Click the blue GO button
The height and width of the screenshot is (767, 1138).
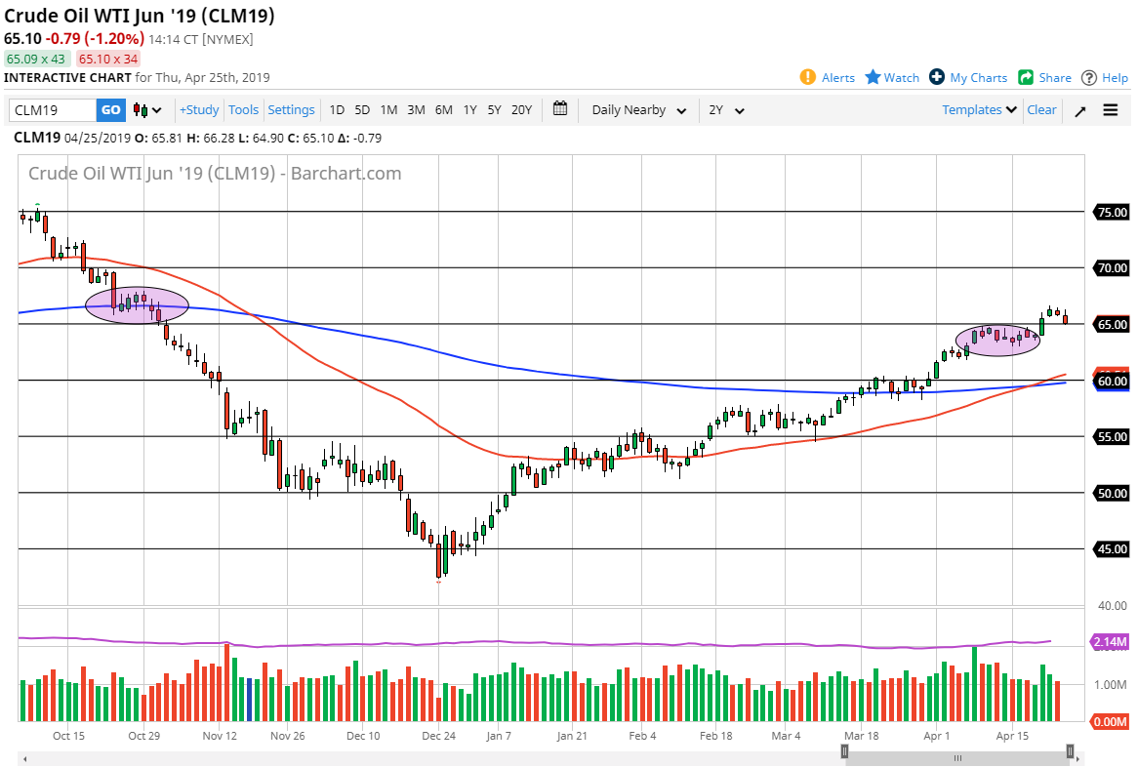(x=111, y=110)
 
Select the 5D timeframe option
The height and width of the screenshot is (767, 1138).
(x=362, y=110)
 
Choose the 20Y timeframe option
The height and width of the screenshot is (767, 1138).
(x=522, y=110)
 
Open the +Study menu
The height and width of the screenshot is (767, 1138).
(x=199, y=110)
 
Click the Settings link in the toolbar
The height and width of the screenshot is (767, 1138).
(x=291, y=110)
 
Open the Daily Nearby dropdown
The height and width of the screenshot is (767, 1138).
(x=638, y=110)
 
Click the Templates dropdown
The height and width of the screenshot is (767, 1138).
(x=979, y=110)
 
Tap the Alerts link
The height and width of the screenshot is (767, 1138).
(x=828, y=78)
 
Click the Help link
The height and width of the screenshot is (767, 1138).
(x=1104, y=78)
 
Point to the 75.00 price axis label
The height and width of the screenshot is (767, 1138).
(x=1112, y=212)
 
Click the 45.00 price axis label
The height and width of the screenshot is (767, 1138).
(x=1112, y=549)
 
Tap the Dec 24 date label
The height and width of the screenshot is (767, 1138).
(x=438, y=736)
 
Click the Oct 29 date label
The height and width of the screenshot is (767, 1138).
(x=143, y=736)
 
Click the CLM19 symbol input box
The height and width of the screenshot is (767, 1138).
(x=53, y=110)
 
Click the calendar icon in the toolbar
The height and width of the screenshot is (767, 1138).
(x=560, y=109)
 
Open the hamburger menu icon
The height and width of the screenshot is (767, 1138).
(x=1111, y=110)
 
